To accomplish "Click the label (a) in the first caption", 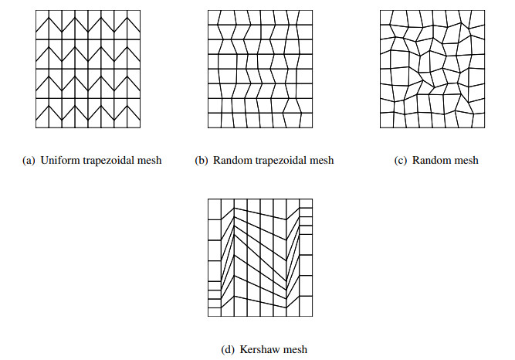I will point(29,161).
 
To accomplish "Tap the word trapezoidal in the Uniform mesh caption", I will point(105,161).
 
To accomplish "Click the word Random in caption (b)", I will point(229,161).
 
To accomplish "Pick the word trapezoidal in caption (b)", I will point(278,161).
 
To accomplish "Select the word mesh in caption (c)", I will point(465,161).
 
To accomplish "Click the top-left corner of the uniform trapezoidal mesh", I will point(36,12).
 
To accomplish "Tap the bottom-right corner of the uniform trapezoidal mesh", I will point(141,127).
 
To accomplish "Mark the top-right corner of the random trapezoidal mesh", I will point(313,12).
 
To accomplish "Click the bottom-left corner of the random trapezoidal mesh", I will point(207,127).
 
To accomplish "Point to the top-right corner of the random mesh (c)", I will point(486,12).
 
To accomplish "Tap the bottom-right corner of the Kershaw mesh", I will point(313,316).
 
